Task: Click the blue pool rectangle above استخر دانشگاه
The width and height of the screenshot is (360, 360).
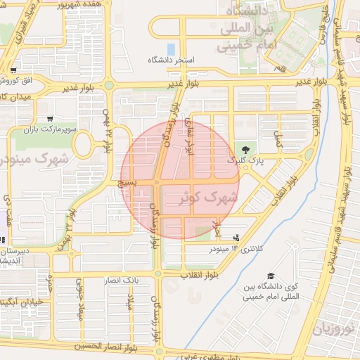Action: click(172, 49)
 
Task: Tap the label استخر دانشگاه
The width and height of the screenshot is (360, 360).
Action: click(169, 61)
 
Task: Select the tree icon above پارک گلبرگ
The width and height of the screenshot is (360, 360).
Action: click(245, 149)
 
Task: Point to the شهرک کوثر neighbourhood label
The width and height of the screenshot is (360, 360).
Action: click(205, 198)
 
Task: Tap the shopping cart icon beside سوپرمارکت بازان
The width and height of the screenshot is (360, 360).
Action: click(49, 118)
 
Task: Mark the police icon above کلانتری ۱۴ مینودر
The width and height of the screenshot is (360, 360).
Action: click(236, 238)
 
